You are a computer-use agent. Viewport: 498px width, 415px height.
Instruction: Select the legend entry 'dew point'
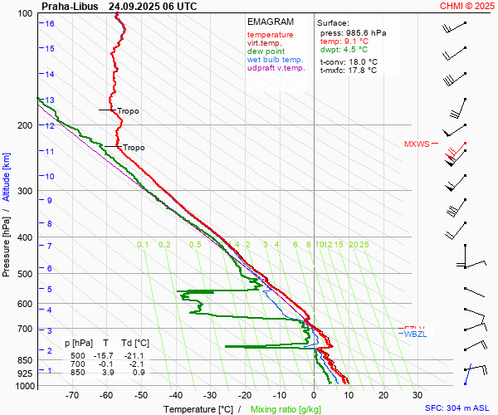click(x=265, y=51)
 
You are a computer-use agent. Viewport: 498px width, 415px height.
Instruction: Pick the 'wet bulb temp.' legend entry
click(x=276, y=60)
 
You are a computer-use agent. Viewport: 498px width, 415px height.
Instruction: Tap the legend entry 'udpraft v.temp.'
click(x=276, y=68)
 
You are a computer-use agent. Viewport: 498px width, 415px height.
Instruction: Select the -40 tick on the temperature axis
click(x=176, y=396)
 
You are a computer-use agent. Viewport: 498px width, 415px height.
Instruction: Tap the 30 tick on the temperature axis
click(x=417, y=396)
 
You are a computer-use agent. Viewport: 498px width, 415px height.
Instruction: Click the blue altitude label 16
click(x=50, y=23)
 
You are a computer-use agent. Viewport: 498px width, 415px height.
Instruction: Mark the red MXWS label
click(x=417, y=144)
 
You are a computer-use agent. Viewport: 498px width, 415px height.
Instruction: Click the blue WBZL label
click(x=414, y=334)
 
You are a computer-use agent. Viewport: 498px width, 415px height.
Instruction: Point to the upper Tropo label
click(x=128, y=110)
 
